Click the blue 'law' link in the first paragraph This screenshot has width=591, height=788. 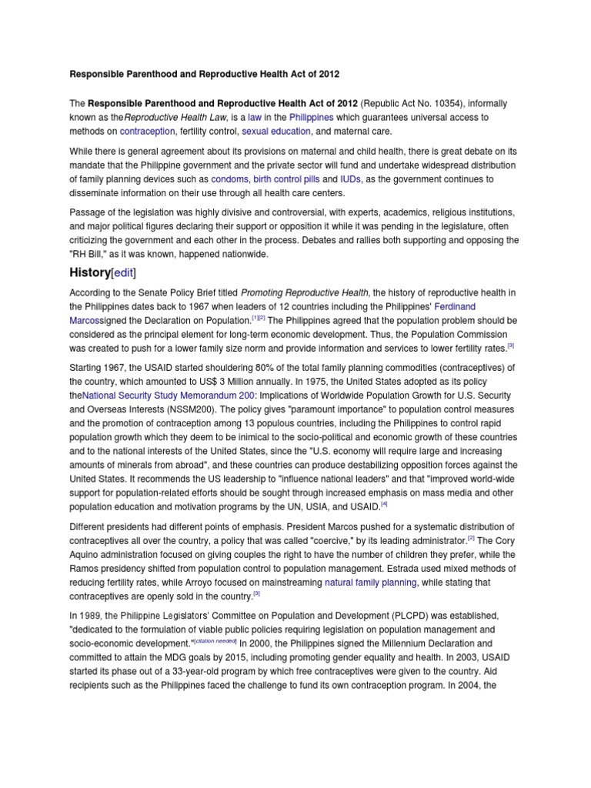pyautogui.click(x=255, y=118)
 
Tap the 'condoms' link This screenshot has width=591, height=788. pyautogui.click(x=229, y=179)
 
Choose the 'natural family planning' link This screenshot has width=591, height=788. pyautogui.click(x=371, y=583)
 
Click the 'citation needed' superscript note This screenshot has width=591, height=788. pyautogui.click(x=215, y=640)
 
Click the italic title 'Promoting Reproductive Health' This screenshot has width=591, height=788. pyautogui.click(x=305, y=292)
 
